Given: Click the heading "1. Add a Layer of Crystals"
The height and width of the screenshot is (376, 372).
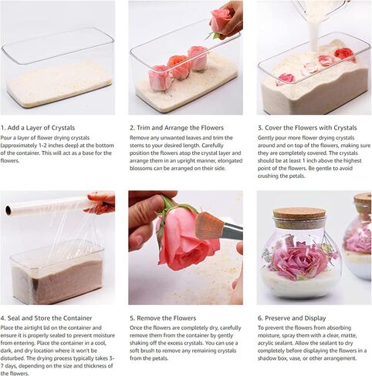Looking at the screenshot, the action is click(x=38, y=128).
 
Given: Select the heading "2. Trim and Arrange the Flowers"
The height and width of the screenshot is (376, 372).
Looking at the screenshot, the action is click(x=177, y=128).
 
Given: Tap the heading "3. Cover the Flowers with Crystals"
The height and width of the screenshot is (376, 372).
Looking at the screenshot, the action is click(x=307, y=128).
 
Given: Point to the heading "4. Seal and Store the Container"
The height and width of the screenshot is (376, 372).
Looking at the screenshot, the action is click(x=46, y=318).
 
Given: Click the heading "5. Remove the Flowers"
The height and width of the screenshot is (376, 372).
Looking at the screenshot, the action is click(x=163, y=318).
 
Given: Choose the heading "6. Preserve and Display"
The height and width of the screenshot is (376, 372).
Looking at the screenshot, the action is click(x=292, y=318).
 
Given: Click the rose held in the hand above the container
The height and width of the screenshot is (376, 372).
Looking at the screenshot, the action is click(x=219, y=20).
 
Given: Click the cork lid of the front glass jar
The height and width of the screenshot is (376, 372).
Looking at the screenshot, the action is click(x=299, y=217).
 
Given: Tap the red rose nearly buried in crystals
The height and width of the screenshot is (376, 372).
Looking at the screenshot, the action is click(x=345, y=55).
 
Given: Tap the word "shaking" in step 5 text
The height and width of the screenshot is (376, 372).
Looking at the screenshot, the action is click(x=139, y=343).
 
